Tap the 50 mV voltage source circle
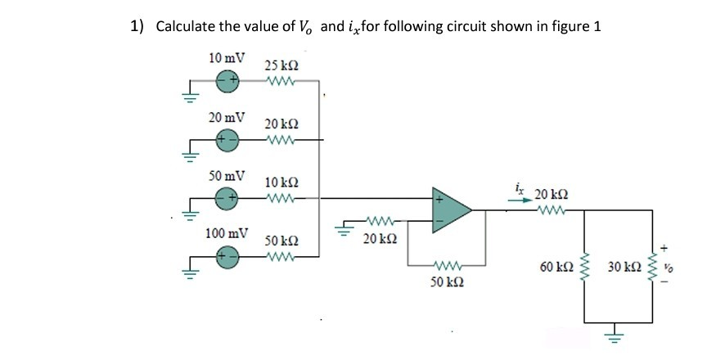(x=227, y=197)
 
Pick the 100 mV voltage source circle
(x=227, y=255)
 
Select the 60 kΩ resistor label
(x=556, y=267)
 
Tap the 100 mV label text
(x=227, y=233)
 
